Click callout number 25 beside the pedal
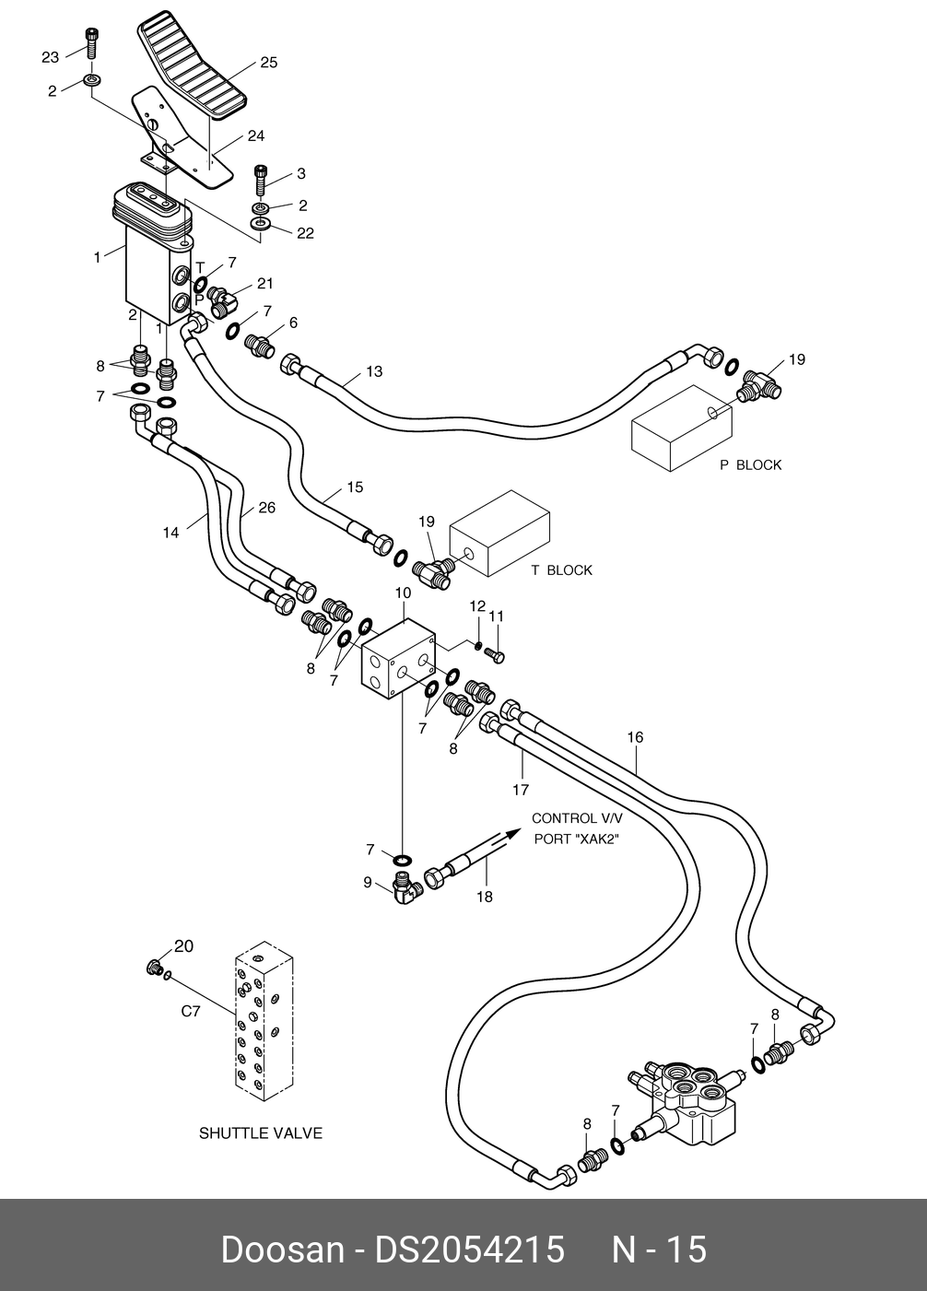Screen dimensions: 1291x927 point(268,64)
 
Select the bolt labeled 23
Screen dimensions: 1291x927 point(90,41)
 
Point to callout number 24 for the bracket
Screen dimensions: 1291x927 point(255,136)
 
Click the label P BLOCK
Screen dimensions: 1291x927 point(750,465)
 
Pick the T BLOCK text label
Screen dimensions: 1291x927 point(561,570)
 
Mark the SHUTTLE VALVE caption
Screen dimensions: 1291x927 point(261,1133)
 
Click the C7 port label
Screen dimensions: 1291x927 point(190,1012)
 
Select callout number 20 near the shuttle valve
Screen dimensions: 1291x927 point(184,945)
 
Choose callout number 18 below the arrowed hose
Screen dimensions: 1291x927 point(484,897)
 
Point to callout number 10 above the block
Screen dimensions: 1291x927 point(404,593)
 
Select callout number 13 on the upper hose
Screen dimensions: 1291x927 point(373,372)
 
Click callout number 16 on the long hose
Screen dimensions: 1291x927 point(635,737)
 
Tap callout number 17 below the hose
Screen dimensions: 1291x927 point(521,790)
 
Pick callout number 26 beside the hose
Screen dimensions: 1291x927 point(266,508)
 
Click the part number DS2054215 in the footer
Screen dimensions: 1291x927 point(468,1250)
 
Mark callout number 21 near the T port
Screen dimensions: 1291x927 point(265,284)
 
